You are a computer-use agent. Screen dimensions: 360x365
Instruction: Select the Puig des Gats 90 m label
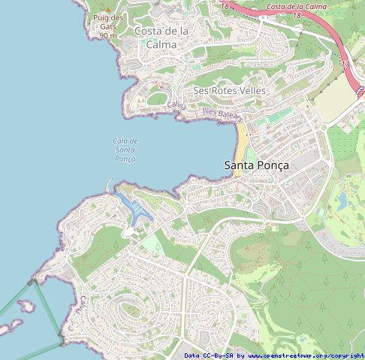tap(107, 26)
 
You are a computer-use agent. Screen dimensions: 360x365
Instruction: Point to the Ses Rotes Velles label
tap(229, 90)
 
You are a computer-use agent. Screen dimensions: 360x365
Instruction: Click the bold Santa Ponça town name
tap(256, 165)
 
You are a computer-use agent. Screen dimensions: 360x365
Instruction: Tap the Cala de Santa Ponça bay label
tap(125, 150)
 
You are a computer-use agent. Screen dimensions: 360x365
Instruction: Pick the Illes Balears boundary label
tap(222, 114)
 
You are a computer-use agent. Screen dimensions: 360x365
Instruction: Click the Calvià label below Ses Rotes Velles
tap(176, 105)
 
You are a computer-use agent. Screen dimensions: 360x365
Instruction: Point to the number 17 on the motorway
tap(345, 65)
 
